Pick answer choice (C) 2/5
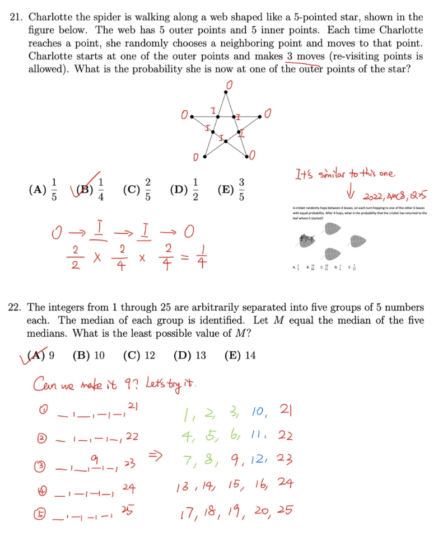pos(139,189)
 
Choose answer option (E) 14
pos(240,355)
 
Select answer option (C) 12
pos(138,355)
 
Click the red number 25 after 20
pos(286,510)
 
